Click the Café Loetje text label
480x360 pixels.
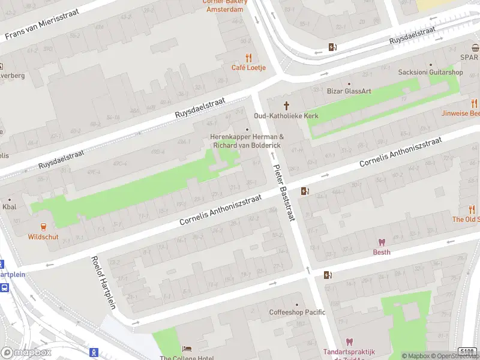pos(248,68)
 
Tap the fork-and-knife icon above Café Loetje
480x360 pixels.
pos(248,58)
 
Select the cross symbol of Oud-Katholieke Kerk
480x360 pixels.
pos(286,106)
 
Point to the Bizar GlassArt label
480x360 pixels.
pos(349,91)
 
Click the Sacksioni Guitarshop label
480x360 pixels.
pos(430,73)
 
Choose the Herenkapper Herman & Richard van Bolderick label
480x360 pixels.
pos(247,141)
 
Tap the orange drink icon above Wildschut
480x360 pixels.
pos(43,226)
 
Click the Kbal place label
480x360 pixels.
pos(10,207)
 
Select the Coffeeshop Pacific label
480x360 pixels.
pos(297,312)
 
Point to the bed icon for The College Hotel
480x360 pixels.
pos(187,349)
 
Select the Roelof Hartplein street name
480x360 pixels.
pos(103,288)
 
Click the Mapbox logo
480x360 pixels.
pos(26,353)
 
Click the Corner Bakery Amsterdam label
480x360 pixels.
pos(224,6)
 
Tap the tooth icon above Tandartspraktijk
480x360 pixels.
pos(349,342)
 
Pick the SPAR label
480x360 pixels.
pos(469,57)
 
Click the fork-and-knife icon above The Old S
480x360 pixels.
pos(472,209)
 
